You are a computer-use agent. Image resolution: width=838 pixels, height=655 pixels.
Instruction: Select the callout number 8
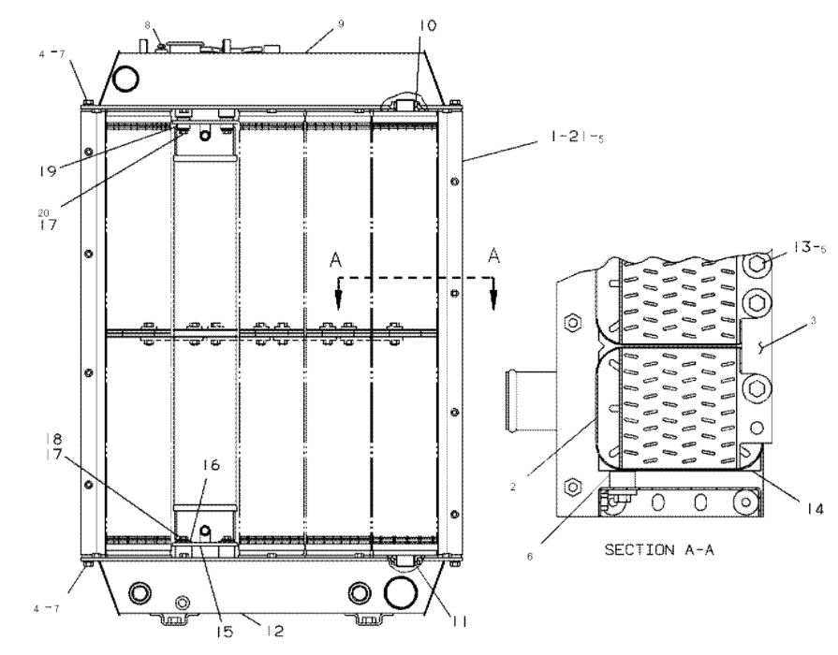pos(147,22)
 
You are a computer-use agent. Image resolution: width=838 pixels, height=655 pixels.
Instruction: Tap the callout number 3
pos(814,322)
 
